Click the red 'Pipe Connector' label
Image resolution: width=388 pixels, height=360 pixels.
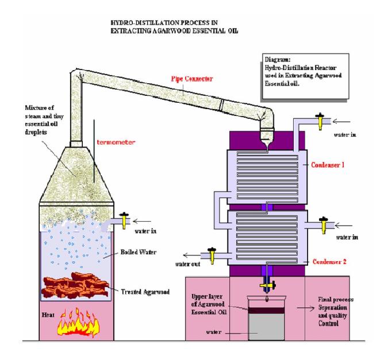point(192,76)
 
